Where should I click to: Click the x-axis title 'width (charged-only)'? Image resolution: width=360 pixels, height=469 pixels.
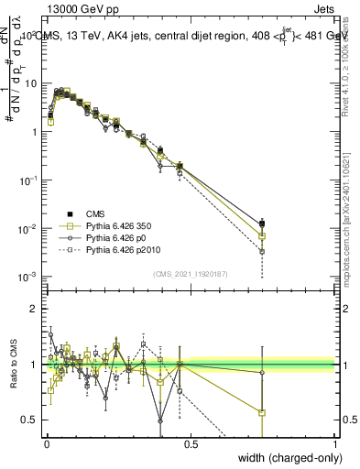click(x=285, y=459)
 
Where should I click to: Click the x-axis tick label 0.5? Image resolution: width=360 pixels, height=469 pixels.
click(x=191, y=444)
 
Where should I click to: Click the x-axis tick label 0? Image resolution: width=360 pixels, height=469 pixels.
click(x=46, y=444)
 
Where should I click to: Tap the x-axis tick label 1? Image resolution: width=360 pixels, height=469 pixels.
click(x=335, y=444)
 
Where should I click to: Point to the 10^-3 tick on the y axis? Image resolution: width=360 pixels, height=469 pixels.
click(x=27, y=277)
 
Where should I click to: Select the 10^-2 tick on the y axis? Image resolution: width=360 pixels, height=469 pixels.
click(x=27, y=228)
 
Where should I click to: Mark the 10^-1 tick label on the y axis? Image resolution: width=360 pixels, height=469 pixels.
click(x=27, y=180)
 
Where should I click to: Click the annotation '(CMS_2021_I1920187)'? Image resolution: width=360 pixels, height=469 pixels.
click(x=190, y=274)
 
